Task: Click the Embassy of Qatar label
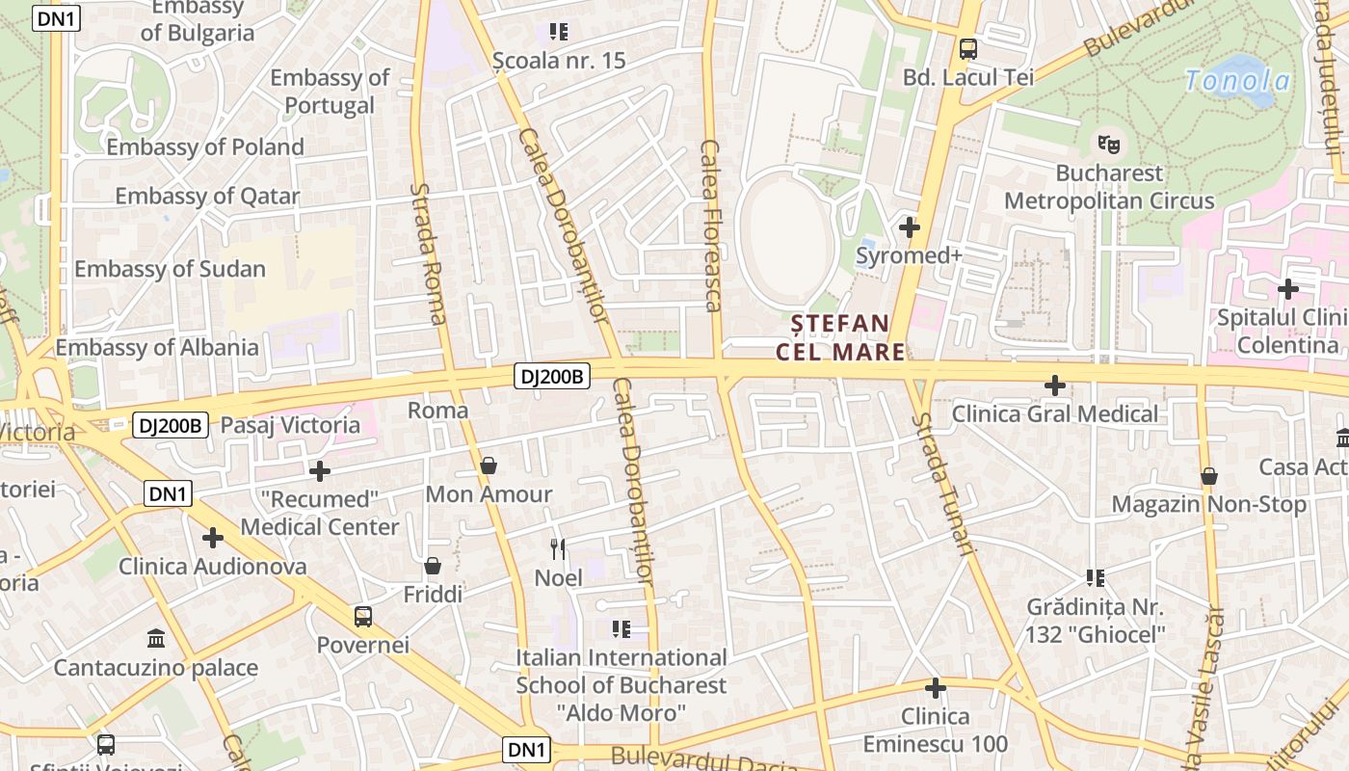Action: point(207,197)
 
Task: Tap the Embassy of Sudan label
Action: point(170,269)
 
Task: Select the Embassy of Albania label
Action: point(157,347)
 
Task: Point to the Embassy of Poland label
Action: point(205,146)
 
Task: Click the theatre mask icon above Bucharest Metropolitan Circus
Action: point(1109,145)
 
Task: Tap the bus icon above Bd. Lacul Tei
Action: point(967,48)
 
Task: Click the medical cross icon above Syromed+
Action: point(909,227)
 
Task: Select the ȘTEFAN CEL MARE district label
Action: point(841,336)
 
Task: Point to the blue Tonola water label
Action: point(1237,80)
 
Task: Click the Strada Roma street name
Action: point(430,253)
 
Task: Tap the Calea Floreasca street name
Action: point(710,226)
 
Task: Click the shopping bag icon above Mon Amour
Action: point(489,466)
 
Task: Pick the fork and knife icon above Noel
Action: point(558,549)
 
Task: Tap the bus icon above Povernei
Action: point(362,616)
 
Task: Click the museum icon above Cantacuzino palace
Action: point(155,638)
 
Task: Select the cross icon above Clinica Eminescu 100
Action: point(935,688)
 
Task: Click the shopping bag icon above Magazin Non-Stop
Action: point(1208,476)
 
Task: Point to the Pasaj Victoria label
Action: point(290,425)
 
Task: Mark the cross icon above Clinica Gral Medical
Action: point(1055,385)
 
